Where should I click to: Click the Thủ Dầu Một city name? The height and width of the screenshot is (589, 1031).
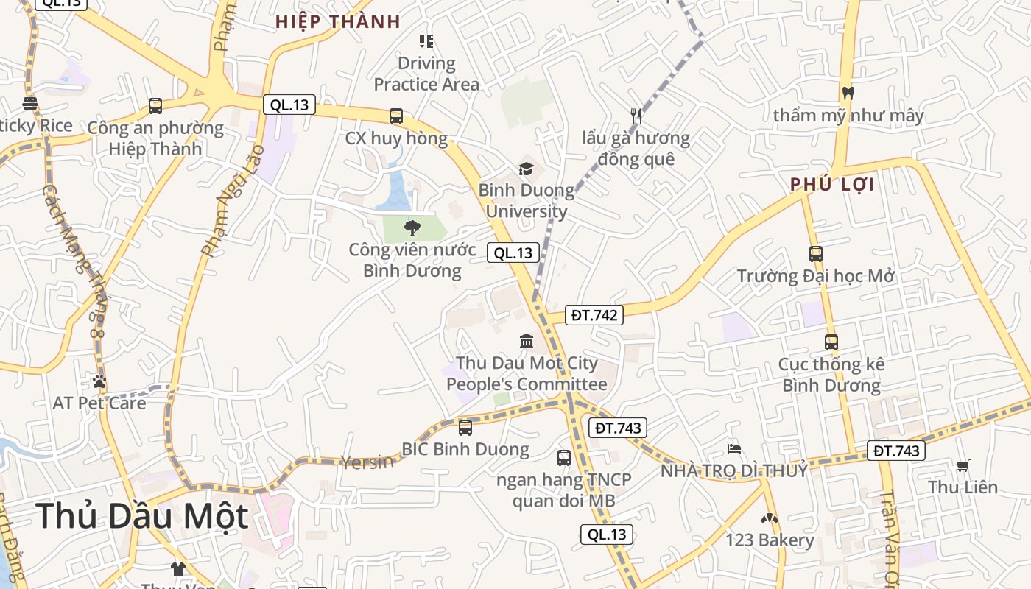[141, 515]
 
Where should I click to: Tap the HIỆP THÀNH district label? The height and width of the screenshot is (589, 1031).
[338, 21]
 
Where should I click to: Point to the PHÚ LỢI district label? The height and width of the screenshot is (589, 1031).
[832, 184]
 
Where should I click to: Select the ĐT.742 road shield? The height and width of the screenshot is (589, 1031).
[595, 315]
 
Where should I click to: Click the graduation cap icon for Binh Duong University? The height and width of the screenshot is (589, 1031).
[526, 169]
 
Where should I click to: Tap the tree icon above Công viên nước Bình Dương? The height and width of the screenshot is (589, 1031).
[412, 228]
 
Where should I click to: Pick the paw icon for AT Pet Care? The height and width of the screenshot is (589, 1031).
[99, 381]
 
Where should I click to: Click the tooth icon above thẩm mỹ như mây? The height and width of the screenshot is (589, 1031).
[848, 94]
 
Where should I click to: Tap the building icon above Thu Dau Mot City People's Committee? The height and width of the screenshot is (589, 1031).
[527, 341]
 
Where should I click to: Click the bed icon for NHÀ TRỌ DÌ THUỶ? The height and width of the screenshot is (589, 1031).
[733, 448]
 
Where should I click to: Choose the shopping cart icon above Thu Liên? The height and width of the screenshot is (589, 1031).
[963, 465]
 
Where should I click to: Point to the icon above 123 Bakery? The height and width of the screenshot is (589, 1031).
[770, 518]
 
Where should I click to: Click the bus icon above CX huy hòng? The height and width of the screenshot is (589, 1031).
[396, 116]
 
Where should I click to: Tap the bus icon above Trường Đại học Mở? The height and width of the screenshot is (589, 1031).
[816, 254]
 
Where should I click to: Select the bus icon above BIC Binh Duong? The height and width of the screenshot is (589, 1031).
[465, 427]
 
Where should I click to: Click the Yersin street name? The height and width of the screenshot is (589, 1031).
[367, 462]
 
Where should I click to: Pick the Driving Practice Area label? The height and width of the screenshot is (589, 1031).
[426, 74]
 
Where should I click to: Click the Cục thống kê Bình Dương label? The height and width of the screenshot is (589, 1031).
[831, 375]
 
